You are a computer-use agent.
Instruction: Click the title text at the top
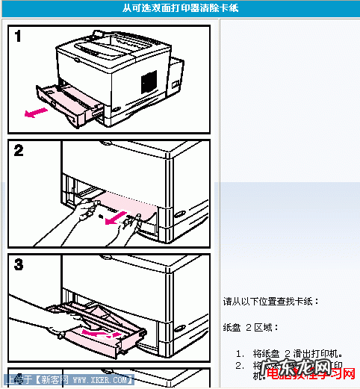point(181,8)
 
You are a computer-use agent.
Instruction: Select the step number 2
point(19,151)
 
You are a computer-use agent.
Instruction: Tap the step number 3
point(19,265)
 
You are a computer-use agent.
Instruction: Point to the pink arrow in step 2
point(115,220)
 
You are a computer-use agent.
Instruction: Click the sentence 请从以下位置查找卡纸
point(271,302)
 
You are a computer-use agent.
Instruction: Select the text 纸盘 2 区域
point(251,328)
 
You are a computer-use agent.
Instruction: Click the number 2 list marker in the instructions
point(239,366)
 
